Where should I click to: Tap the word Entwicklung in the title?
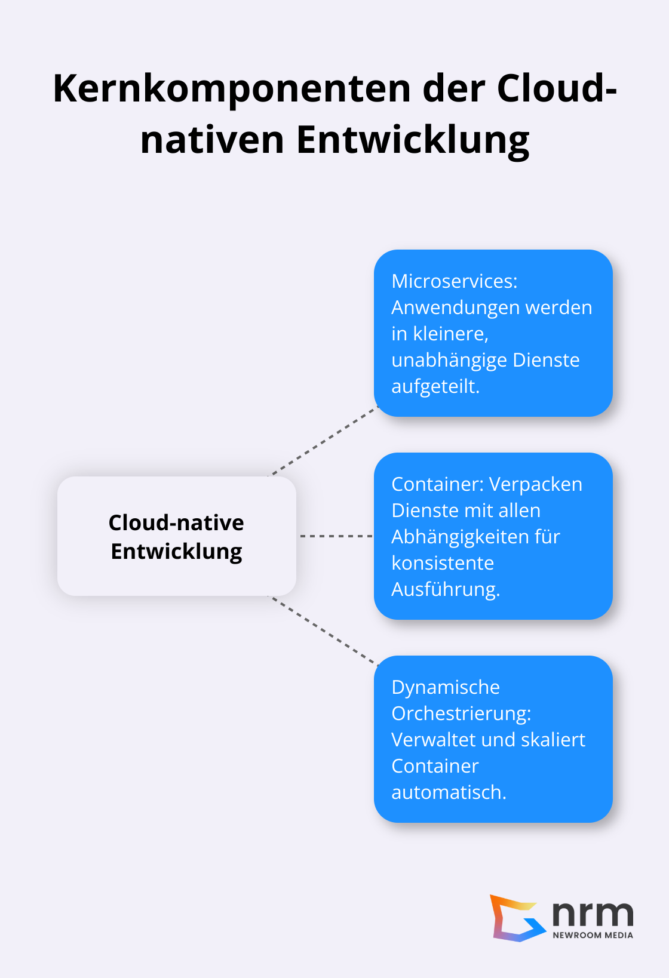(412, 141)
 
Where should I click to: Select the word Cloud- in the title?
(556, 88)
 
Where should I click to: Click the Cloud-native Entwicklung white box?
(176, 536)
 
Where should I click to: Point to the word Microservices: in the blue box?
(454, 281)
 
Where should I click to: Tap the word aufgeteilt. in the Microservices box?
(435, 387)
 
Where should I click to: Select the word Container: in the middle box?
(437, 484)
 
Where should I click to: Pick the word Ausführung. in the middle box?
(445, 589)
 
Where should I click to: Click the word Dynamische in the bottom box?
(445, 687)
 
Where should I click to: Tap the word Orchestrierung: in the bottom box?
(461, 713)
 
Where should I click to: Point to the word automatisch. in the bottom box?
(448, 792)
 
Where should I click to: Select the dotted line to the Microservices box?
(323, 442)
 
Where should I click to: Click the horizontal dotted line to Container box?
(336, 536)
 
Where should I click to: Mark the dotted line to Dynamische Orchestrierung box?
(323, 630)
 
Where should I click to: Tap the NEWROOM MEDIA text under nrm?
(593, 935)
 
